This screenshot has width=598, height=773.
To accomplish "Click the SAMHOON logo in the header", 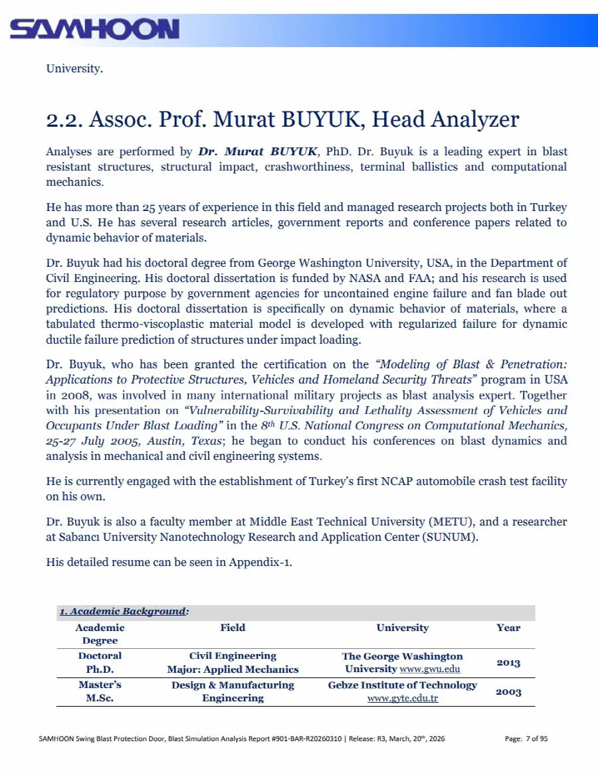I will point(94,29).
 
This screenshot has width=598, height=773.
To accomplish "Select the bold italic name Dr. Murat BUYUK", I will point(258,152).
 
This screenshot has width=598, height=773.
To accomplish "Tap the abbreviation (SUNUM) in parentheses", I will point(449,537).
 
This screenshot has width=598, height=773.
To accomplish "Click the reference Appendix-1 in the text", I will point(260,562).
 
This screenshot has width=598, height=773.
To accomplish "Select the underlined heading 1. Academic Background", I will point(122,612).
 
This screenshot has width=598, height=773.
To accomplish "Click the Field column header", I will point(233,628).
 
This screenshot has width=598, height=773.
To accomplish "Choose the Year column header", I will point(508,628).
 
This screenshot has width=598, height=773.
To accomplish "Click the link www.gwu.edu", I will point(430,669).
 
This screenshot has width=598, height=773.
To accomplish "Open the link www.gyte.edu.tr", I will point(403,699).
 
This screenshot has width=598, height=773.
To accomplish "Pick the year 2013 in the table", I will point(508,663).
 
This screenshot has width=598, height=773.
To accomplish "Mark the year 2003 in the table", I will point(508,692).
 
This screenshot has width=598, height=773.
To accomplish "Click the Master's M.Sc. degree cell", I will point(100,691).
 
